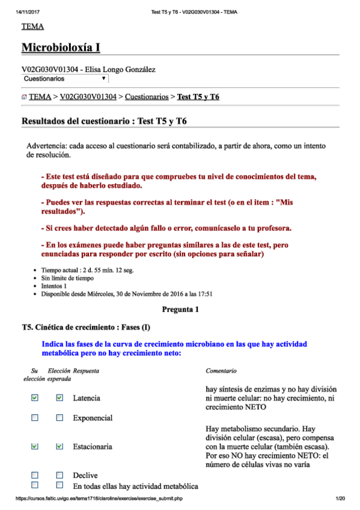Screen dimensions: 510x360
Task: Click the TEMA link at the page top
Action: coord(32,26)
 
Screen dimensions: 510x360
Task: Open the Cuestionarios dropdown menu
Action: coord(65,79)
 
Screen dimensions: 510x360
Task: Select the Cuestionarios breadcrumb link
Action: coord(146,96)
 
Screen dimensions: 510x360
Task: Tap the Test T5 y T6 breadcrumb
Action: coord(198,96)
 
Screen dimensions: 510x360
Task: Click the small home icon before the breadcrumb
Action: coord(24,97)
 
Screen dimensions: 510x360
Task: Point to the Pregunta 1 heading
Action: coord(180,310)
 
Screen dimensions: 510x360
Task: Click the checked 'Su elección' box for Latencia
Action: coord(34,398)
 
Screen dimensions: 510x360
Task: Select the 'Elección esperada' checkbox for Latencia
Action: coord(59,398)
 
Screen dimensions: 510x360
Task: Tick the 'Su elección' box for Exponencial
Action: coord(34,417)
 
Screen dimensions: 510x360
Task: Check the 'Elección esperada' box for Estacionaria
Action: coord(59,446)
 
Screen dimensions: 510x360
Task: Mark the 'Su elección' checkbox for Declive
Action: coord(34,475)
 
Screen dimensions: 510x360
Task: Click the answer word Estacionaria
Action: coord(93,447)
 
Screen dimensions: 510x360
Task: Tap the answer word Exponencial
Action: coord(93,418)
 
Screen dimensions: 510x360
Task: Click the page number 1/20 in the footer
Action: coord(340,499)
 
